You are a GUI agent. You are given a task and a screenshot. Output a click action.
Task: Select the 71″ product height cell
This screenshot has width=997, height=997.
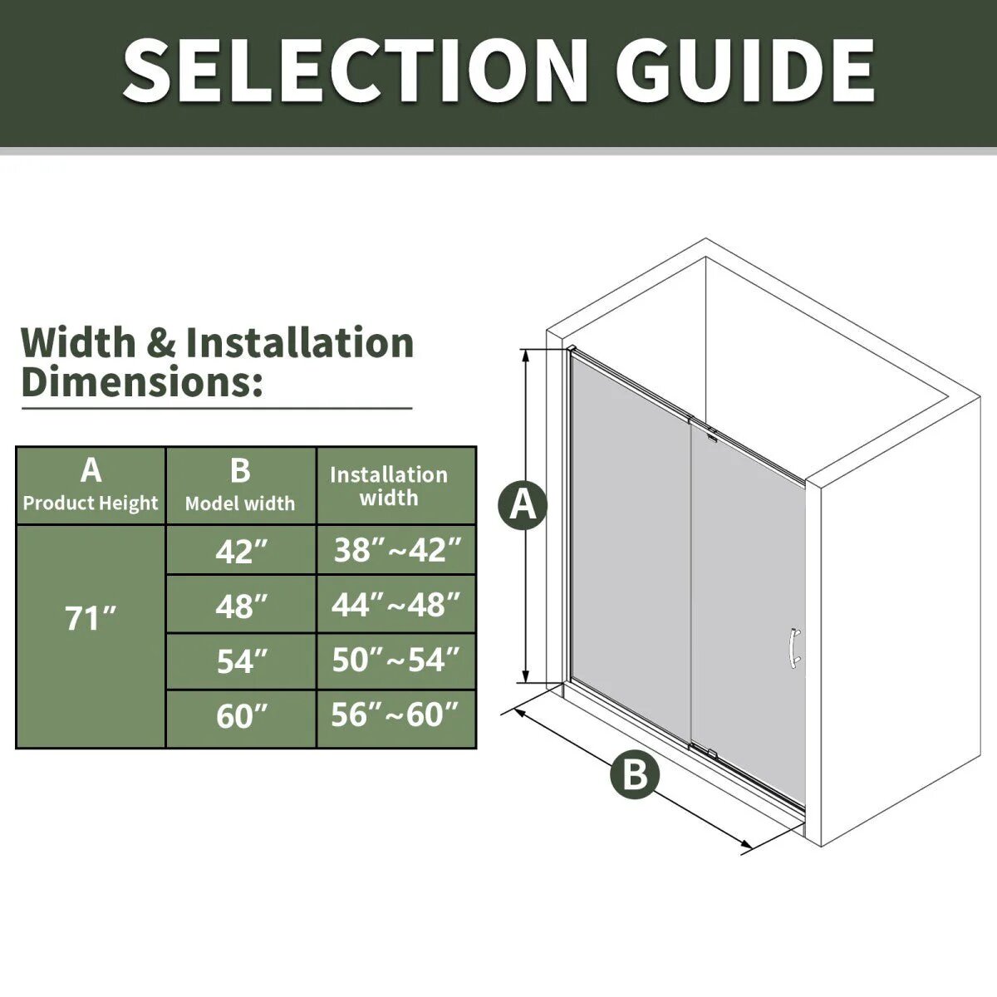[x=91, y=636]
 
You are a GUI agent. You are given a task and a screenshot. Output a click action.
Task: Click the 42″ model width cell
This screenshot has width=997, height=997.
[x=241, y=550]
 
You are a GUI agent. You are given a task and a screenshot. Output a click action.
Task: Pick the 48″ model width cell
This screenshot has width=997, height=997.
[x=241, y=604]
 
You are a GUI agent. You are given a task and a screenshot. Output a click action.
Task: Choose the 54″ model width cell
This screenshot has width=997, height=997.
[x=241, y=661]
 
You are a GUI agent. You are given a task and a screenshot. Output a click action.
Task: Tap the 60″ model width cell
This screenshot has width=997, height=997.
[x=241, y=719]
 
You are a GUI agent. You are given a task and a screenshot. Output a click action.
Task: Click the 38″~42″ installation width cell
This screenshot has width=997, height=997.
[x=396, y=550]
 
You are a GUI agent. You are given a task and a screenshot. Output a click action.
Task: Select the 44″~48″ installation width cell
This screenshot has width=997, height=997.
[x=396, y=604]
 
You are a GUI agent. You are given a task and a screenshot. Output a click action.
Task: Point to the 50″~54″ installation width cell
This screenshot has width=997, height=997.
[x=396, y=661]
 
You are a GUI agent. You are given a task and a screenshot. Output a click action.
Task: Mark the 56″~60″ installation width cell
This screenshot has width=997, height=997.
[x=396, y=719]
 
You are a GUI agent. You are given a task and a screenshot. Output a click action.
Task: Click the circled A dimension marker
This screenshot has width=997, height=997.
[x=523, y=505]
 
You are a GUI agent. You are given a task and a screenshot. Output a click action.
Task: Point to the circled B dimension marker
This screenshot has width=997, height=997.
[x=635, y=774]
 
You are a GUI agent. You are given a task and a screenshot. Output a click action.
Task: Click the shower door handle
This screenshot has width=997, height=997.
[x=794, y=650]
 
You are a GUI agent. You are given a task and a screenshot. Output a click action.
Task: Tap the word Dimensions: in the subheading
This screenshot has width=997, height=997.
[x=142, y=381]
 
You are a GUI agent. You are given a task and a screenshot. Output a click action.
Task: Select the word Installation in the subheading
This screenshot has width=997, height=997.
[x=300, y=342]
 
